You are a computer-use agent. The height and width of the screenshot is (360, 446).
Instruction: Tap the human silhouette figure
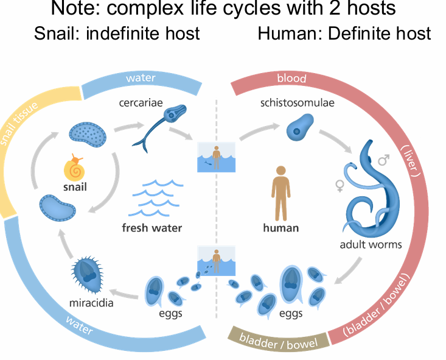pos(280,192)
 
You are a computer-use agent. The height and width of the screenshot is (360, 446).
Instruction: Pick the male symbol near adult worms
pos(383,161)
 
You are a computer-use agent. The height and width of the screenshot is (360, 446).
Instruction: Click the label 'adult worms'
pos(371,245)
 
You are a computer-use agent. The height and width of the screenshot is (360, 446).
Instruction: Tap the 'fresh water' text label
pos(152,228)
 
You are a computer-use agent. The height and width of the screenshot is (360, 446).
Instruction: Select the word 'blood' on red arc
pos(291,79)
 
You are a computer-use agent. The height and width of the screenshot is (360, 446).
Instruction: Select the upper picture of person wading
pos(216,157)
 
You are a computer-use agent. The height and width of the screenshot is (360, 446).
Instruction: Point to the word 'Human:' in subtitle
pos(290,33)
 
